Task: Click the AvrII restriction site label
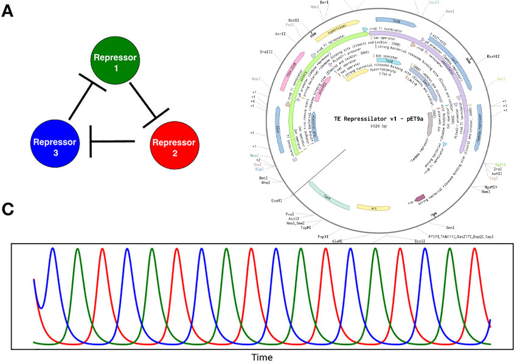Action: [280, 34]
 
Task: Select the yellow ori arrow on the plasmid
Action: [373, 208]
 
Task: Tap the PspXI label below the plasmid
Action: [323, 235]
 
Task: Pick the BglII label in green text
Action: [500, 165]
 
